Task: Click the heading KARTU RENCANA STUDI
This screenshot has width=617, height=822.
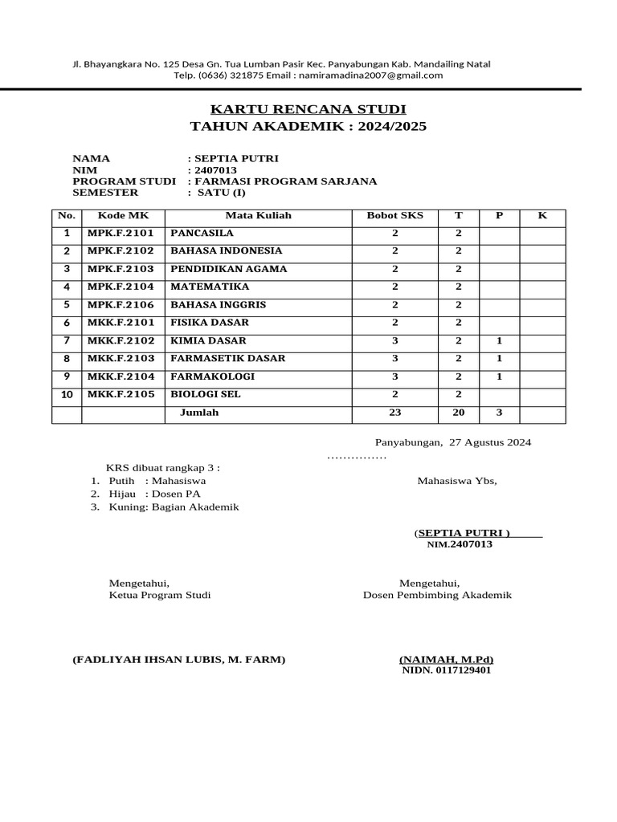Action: click(308, 109)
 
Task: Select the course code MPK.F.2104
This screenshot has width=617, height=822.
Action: click(121, 287)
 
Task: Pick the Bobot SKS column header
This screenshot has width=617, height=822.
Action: click(394, 216)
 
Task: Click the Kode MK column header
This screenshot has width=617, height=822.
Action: click(121, 216)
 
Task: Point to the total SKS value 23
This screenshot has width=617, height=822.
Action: click(394, 413)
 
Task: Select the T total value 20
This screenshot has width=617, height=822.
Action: click(459, 413)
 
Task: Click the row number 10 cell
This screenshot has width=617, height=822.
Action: click(67, 395)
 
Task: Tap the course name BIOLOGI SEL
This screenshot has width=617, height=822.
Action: click(206, 394)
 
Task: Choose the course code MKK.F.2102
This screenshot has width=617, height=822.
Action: click(121, 340)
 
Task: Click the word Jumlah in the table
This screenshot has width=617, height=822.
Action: click(198, 413)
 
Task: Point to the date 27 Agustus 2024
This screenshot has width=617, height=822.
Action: click(490, 442)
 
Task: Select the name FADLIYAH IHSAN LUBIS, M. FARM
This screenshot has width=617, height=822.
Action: click(178, 660)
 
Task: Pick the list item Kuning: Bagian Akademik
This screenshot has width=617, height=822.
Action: click(174, 507)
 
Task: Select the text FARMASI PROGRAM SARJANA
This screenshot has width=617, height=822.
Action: click(285, 181)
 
